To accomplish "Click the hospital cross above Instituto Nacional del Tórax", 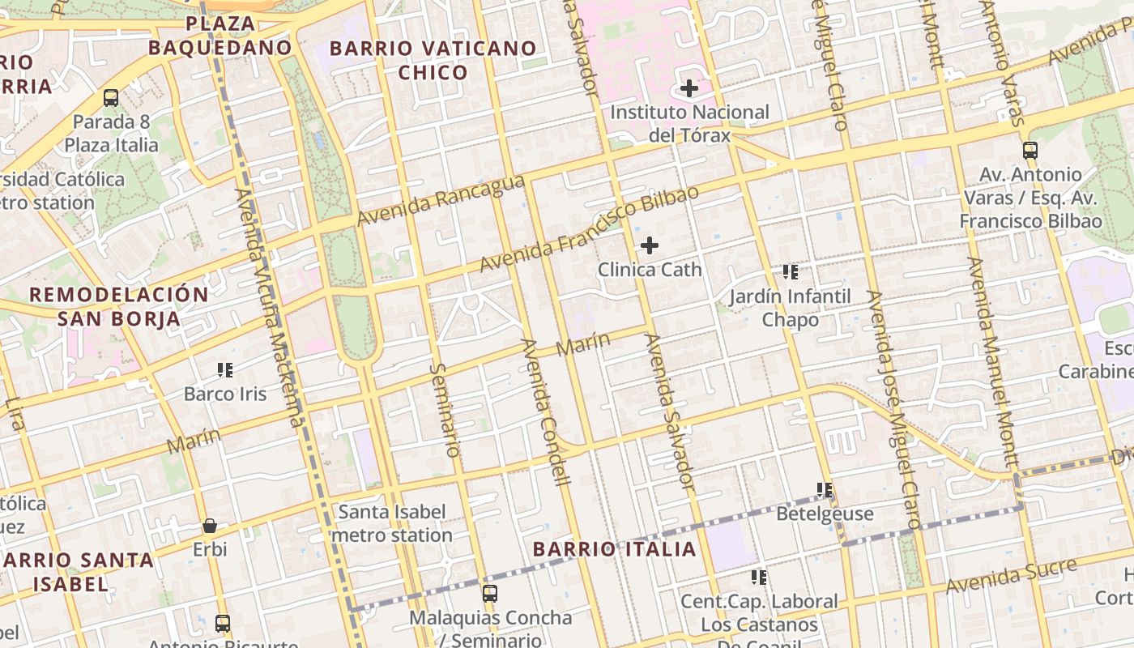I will (689, 87).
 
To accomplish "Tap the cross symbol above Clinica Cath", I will (650, 245).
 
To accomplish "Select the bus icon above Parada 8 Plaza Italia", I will (111, 98).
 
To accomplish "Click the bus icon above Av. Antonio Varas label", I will (1030, 150).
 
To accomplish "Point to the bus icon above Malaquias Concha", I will (490, 593).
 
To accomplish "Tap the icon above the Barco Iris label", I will (225, 370).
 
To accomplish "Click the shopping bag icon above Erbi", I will (210, 526).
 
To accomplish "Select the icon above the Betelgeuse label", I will (825, 489).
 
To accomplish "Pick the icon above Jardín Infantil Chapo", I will (791, 272).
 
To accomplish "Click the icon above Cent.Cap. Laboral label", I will (759, 577).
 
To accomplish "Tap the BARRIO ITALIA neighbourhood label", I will (615, 549).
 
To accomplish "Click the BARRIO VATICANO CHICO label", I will (433, 61).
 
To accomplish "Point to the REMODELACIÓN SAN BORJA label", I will (119, 306).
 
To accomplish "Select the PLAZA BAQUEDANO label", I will (220, 36).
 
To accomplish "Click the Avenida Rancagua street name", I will (441, 202).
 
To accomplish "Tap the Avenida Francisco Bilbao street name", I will (589, 230).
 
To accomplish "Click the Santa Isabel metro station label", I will (392, 523).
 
